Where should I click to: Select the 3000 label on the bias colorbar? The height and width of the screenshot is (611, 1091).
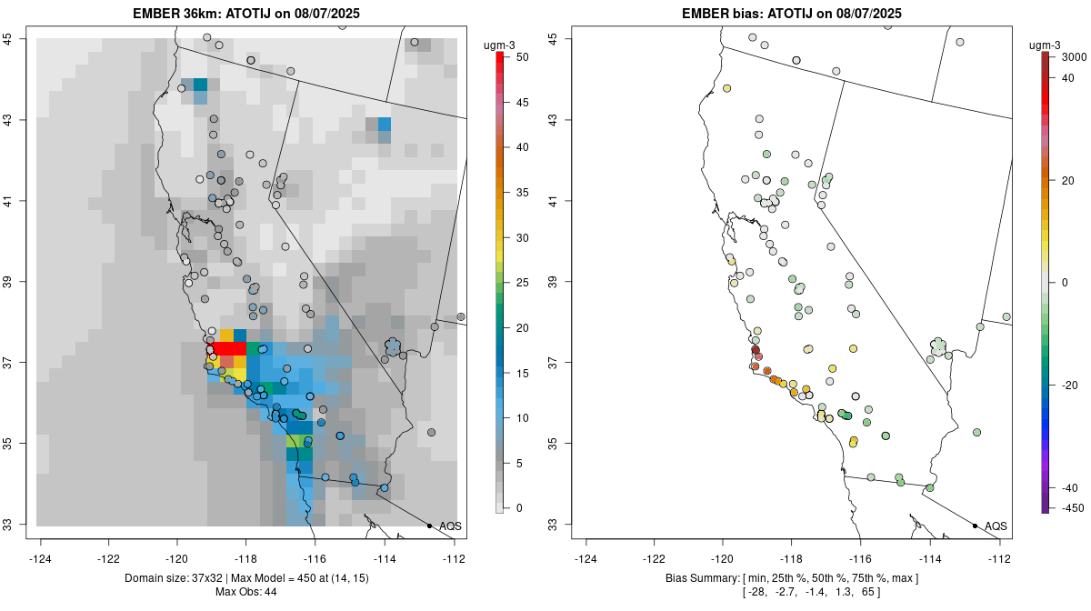coord(1066,56)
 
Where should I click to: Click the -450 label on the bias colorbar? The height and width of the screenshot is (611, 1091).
coord(1066,507)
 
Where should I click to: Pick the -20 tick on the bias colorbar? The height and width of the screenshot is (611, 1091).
coord(1066,385)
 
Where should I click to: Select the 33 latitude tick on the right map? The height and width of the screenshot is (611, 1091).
coord(553,525)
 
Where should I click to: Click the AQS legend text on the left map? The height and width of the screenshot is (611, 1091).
coord(450,526)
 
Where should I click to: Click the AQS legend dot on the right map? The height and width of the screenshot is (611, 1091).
coord(975,526)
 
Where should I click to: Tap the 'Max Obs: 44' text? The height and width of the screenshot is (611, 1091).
coord(246,592)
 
